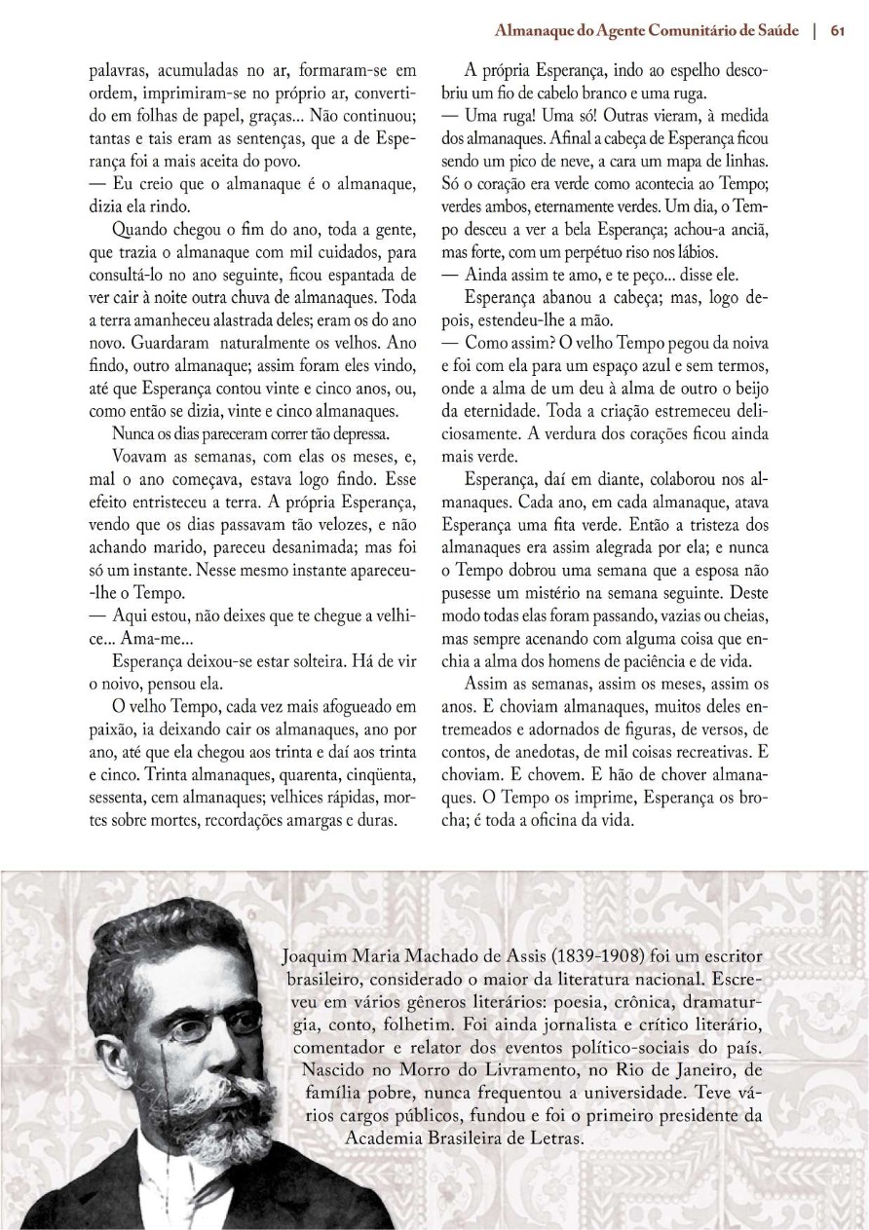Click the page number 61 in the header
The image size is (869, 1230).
coord(837,30)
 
